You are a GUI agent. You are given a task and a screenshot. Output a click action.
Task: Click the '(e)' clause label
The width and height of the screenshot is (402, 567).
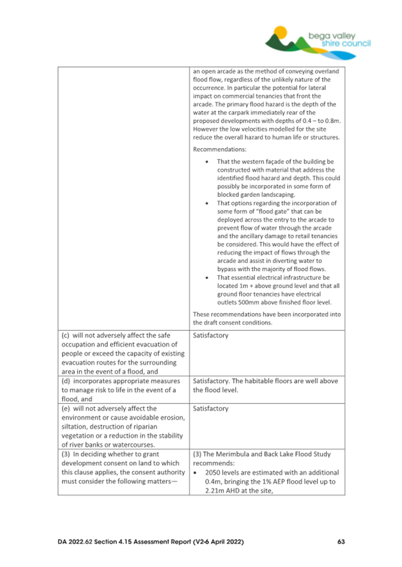pyautogui.click(x=67, y=409)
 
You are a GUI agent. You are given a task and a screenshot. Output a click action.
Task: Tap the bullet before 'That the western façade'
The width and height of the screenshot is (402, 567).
pyautogui.click(x=206, y=161)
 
